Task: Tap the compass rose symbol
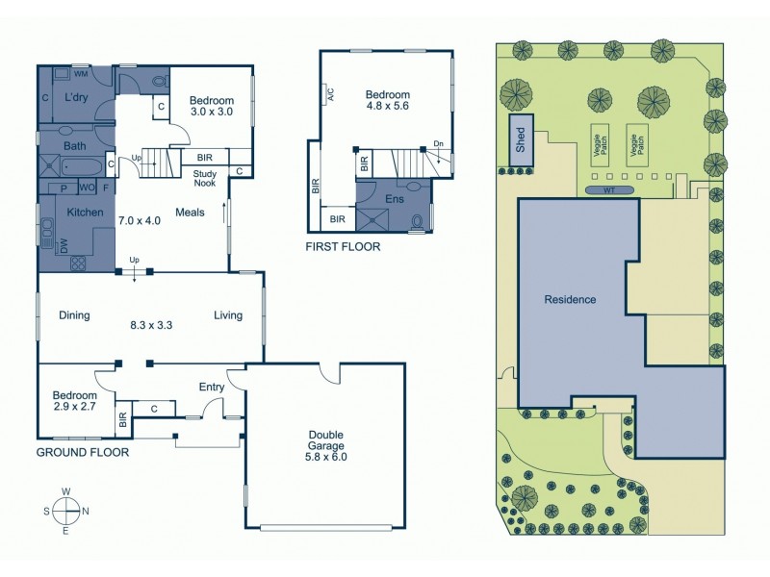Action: tap(66, 511)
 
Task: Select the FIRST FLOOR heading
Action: tap(343, 247)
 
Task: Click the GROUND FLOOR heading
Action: tap(82, 451)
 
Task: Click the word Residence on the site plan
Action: tap(571, 299)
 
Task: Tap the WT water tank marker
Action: tap(608, 189)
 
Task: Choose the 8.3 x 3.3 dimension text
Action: tap(151, 325)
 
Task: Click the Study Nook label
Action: tap(204, 178)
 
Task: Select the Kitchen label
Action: tap(85, 212)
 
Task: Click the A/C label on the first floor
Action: tap(329, 94)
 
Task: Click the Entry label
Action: tap(211, 388)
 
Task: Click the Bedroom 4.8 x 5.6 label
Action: tap(387, 101)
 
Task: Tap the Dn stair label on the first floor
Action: tap(439, 144)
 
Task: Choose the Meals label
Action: tap(190, 213)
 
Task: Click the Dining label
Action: tap(74, 314)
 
